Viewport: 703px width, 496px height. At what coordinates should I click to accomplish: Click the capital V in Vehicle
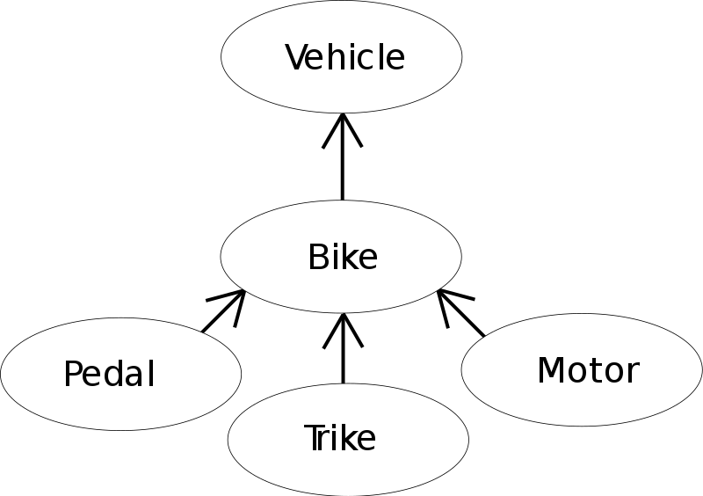[x=298, y=58]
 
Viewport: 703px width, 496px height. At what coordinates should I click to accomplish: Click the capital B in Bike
[x=317, y=258]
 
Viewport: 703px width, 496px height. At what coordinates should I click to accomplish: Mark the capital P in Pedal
[x=73, y=375]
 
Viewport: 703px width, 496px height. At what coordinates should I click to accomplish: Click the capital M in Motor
[x=551, y=370]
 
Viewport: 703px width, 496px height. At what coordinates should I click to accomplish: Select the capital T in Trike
[x=313, y=437]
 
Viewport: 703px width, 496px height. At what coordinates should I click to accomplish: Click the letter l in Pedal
[x=151, y=374]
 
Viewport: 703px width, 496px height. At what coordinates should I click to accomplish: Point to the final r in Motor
[x=633, y=373]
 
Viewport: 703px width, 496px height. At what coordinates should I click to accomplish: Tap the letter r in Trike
[x=326, y=439]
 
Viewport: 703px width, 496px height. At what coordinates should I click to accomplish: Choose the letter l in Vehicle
[x=384, y=58]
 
